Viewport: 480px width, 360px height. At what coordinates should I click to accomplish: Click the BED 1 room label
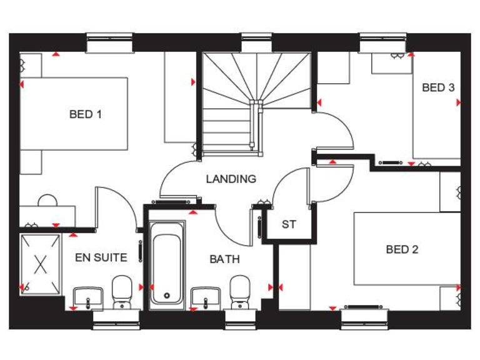[86, 114]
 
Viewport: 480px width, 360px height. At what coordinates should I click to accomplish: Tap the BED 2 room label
[402, 250]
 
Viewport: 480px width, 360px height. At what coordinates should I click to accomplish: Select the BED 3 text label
[438, 87]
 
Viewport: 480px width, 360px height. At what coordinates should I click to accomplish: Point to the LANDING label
[231, 179]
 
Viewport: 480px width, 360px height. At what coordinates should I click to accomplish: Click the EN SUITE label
[101, 257]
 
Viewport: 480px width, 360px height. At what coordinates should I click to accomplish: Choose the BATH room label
[224, 259]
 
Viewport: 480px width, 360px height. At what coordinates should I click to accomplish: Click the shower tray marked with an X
[41, 264]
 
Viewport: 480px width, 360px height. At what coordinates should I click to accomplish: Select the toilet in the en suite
[121, 292]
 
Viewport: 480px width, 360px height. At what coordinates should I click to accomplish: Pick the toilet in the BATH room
[239, 292]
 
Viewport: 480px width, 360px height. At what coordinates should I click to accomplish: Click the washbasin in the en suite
[87, 296]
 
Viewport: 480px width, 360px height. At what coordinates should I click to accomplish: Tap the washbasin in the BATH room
[206, 296]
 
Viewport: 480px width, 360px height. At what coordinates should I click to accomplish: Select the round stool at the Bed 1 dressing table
[47, 201]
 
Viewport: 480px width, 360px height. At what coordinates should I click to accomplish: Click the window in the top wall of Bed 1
[110, 43]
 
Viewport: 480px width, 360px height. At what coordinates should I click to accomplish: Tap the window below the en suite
[116, 318]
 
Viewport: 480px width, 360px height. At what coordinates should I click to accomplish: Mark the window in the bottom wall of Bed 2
[364, 318]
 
